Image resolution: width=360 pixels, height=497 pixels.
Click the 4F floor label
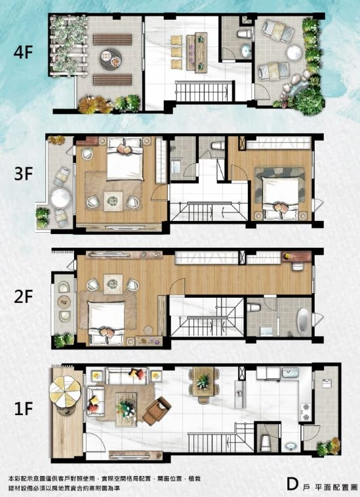pos(23,52)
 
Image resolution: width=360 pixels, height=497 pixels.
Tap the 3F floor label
pos(24,173)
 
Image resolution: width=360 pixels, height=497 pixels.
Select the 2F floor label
pos(24,296)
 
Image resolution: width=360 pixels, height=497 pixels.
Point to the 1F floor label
pos(24,408)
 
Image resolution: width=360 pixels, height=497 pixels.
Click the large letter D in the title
pos(292,484)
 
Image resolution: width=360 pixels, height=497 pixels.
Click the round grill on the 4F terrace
pos(111,58)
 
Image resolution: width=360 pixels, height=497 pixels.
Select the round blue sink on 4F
pos(246,50)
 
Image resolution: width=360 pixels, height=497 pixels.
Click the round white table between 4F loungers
pos(294,52)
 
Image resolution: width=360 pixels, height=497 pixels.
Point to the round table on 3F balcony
pos(61,198)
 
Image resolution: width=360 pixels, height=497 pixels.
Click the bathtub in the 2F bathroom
pos(303,321)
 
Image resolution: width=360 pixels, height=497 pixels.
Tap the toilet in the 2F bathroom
pos(254,308)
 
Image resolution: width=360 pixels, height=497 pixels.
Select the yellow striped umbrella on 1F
pos(66,391)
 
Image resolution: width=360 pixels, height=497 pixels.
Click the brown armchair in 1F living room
pos(157,411)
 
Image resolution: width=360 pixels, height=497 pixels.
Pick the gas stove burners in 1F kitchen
pos(306,412)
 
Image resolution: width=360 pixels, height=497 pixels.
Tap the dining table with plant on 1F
pos(203,382)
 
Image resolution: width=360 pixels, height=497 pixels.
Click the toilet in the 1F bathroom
pos(266,443)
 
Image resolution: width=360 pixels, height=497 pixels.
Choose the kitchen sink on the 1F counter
pos(290,372)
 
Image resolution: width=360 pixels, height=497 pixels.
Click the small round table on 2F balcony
pos(64,302)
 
